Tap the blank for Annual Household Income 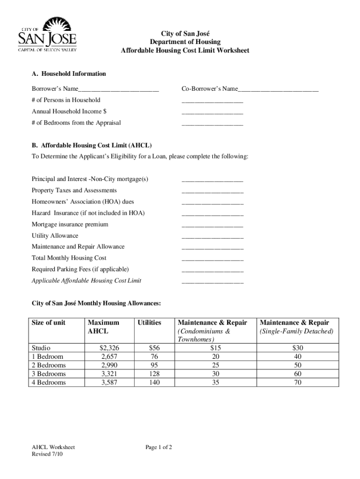(212, 113)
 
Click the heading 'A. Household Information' (69, 74)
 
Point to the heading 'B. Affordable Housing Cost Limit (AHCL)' (92, 145)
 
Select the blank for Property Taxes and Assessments (212, 192)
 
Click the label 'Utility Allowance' (55, 236)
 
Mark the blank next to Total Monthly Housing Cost (212, 259)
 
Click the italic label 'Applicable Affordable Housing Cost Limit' (86, 281)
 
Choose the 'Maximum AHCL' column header (103, 327)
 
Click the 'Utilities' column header (149, 323)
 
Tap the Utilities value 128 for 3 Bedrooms (154, 374)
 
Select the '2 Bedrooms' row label (49, 365)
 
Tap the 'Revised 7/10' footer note (47, 455)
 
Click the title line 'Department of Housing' (185, 42)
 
